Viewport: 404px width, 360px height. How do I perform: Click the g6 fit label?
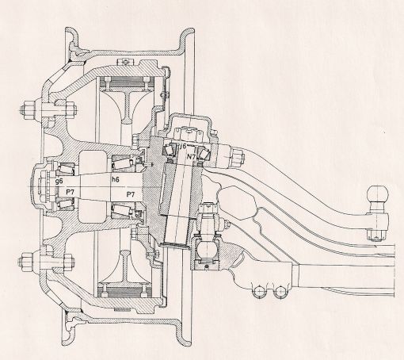(59, 182)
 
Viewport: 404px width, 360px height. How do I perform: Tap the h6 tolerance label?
(116, 180)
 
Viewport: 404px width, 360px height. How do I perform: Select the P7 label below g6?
(70, 192)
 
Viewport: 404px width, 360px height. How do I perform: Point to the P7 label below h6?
(131, 195)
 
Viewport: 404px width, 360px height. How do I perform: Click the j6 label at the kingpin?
(183, 146)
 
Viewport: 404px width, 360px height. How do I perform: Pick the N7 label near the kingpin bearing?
(192, 156)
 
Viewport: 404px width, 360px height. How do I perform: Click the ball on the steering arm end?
(378, 195)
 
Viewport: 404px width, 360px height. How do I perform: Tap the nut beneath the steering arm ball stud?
(375, 235)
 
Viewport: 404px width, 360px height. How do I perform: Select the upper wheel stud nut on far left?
(26, 109)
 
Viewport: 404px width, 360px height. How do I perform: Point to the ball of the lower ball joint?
(207, 248)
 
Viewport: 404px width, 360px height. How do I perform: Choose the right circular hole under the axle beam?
(280, 291)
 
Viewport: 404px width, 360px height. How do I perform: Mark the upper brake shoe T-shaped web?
(128, 103)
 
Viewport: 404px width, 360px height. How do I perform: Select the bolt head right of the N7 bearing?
(238, 156)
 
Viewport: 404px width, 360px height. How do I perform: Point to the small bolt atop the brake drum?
(125, 62)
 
